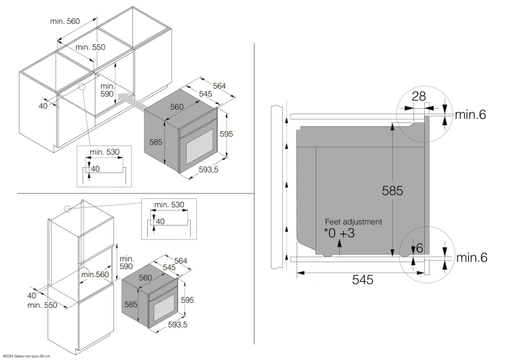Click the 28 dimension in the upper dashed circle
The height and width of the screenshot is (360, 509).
(419, 96)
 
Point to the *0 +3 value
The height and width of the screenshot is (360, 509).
(339, 234)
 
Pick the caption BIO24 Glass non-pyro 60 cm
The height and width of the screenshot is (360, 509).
(25, 355)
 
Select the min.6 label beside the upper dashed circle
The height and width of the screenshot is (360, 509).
(470, 115)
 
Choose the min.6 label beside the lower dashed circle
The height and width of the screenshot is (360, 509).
(470, 257)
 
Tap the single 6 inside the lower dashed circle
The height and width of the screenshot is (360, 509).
(420, 249)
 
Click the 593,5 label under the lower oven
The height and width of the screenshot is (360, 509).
(177, 325)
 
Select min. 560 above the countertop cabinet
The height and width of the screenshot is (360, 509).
(65, 21)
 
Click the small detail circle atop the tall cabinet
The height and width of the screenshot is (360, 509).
(67, 209)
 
